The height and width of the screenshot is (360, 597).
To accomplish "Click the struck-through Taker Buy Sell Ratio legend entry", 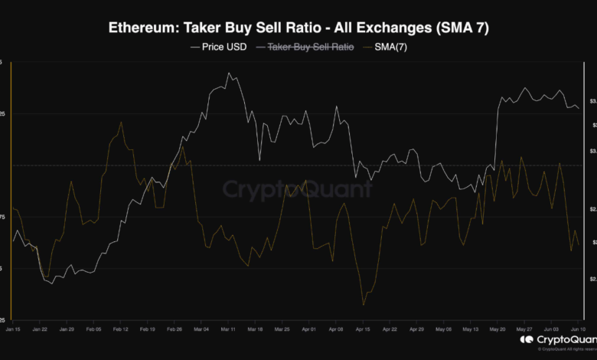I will click(309, 47).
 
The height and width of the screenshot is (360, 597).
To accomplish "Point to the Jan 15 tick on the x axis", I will click(13, 329).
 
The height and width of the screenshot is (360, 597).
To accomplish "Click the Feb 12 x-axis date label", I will click(120, 329).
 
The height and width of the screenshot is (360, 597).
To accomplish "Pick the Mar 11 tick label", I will click(228, 329).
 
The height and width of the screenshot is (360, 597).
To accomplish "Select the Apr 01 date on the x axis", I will click(309, 329).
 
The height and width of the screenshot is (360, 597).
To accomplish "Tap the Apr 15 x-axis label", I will click(363, 329).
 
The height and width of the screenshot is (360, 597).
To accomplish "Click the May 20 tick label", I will click(497, 329).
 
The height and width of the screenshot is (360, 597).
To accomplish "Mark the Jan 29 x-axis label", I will click(67, 329).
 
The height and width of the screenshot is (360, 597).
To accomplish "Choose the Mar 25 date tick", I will click(282, 329).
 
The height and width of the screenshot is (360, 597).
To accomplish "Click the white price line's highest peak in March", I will click(229, 74).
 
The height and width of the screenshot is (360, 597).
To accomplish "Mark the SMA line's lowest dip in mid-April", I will click(363, 306).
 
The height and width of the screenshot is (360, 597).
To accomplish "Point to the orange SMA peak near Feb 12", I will click(121, 123).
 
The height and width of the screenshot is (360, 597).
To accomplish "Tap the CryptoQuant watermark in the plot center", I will click(298, 189).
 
